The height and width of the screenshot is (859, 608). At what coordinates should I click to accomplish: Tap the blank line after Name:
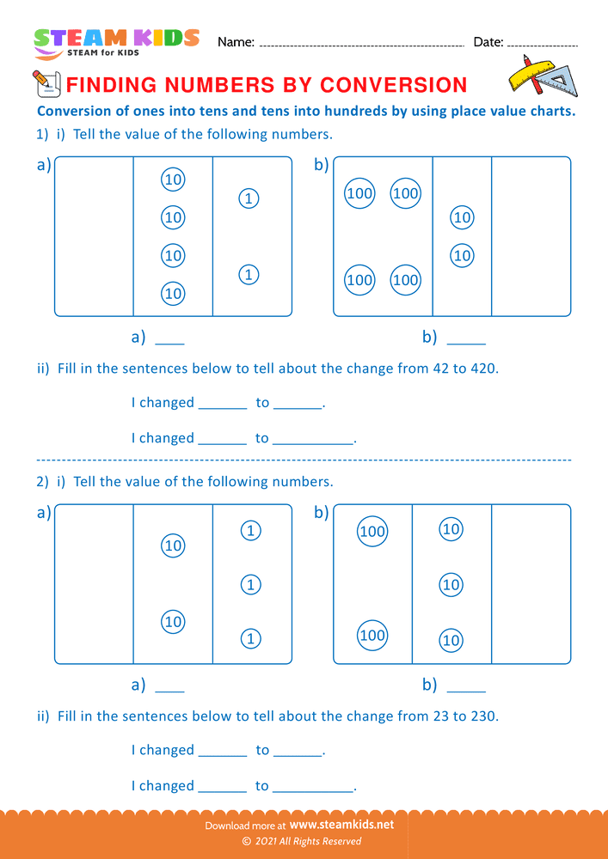click(361, 44)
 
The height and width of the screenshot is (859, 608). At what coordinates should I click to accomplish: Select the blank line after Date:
click(543, 44)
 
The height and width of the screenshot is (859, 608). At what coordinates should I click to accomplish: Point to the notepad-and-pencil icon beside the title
click(44, 83)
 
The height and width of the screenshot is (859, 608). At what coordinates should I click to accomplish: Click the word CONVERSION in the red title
click(394, 84)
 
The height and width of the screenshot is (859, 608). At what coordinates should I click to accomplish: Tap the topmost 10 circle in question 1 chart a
click(173, 180)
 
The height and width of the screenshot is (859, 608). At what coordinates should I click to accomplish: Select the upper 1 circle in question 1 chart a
click(248, 198)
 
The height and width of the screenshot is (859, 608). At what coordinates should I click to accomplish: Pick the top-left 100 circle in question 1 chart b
click(359, 193)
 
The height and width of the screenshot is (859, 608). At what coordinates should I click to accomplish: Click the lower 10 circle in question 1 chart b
click(462, 255)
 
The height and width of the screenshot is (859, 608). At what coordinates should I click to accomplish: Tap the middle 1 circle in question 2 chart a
click(249, 585)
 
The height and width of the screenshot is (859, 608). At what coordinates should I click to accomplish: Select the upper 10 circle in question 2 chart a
click(173, 545)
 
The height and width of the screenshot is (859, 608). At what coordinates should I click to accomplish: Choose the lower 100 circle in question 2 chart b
click(372, 636)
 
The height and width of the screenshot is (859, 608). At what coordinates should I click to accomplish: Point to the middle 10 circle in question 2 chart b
click(451, 585)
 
